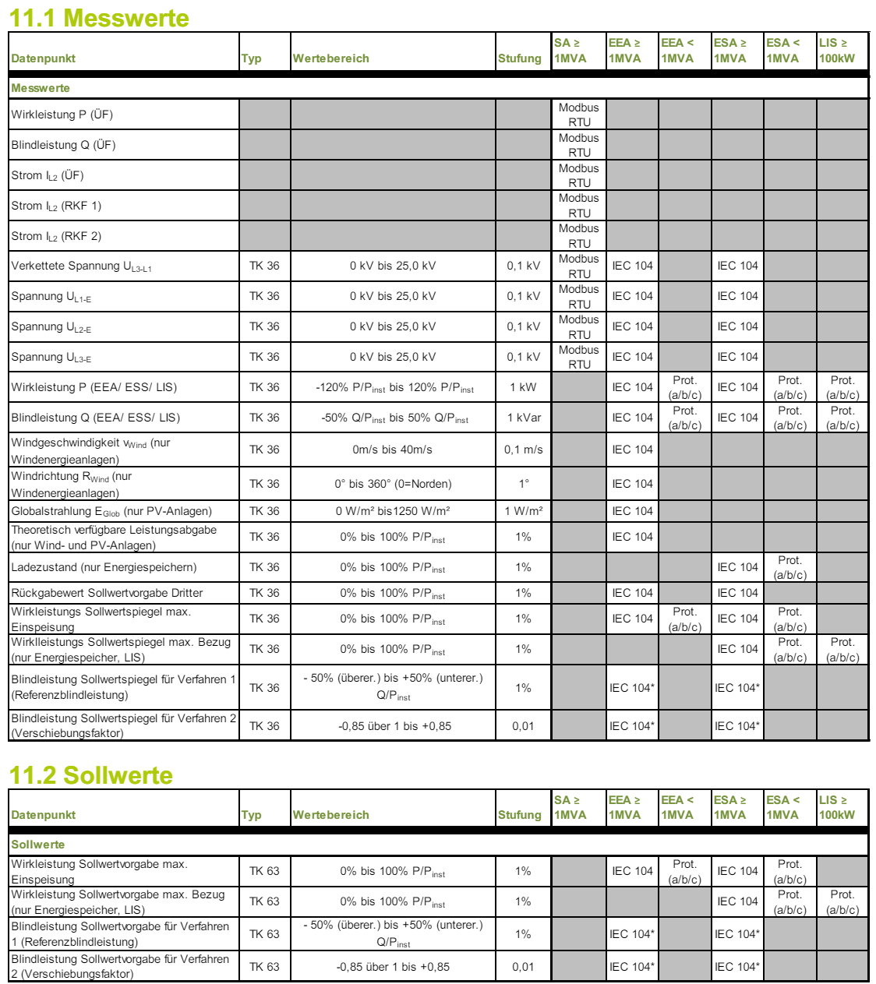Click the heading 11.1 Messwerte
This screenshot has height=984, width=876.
click(x=99, y=17)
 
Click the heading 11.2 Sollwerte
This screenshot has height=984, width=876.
click(x=91, y=774)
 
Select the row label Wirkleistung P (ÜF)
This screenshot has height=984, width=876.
click(x=62, y=115)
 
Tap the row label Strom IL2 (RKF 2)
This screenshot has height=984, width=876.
click(x=56, y=236)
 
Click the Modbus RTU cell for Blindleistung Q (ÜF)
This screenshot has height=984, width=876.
click(x=579, y=145)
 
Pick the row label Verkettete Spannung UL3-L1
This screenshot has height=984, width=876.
click(x=81, y=266)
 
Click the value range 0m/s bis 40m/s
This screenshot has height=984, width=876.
click(x=392, y=450)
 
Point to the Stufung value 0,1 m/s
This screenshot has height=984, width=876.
click(x=523, y=450)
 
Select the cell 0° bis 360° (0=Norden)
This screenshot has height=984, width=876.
click(x=393, y=484)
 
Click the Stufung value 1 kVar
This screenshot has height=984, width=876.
click(x=524, y=418)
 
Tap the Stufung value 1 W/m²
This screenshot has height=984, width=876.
click(x=524, y=511)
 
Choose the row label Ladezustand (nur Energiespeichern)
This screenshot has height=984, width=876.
click(x=104, y=567)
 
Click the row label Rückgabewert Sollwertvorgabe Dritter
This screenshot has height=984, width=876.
click(x=107, y=593)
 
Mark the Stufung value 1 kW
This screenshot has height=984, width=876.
click(x=523, y=387)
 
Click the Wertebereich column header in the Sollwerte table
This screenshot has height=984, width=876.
click(x=330, y=815)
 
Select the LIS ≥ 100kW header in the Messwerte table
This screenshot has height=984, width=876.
click(x=836, y=51)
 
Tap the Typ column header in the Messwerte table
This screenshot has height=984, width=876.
click(x=251, y=58)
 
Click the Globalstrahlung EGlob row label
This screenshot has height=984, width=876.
click(x=111, y=511)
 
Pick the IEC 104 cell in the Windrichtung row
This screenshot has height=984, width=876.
click(x=632, y=484)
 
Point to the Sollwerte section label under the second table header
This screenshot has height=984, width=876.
click(x=37, y=845)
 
